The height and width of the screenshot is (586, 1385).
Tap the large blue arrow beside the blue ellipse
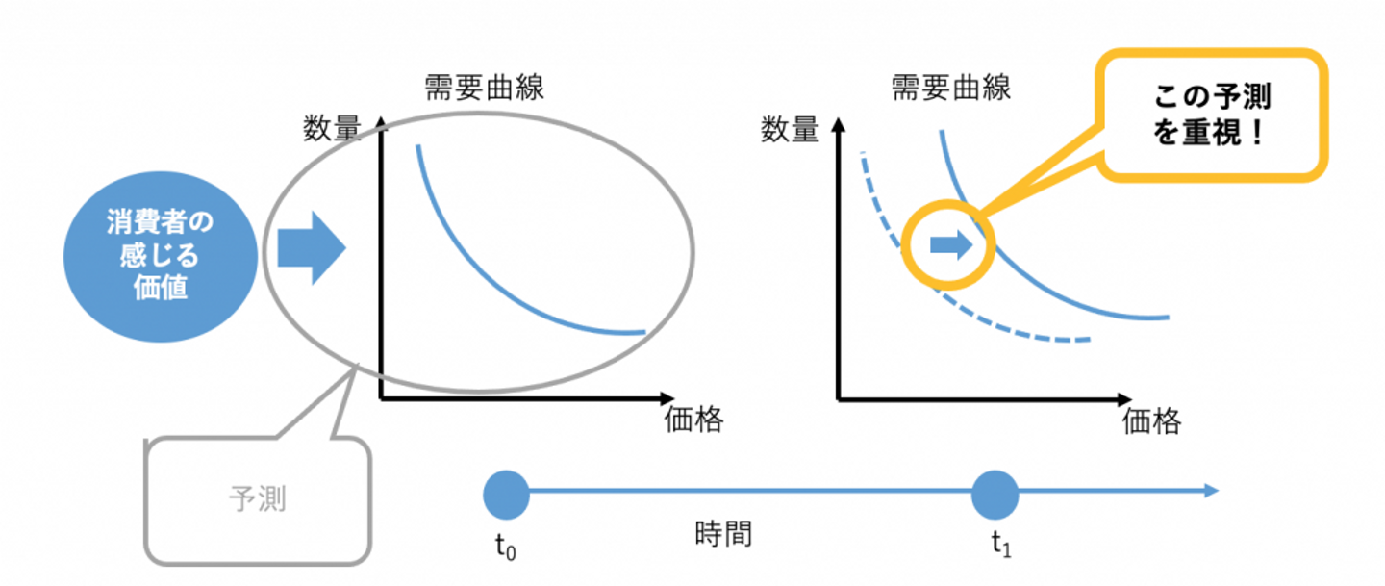[311, 249]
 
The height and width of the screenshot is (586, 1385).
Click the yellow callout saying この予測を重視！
[1214, 115]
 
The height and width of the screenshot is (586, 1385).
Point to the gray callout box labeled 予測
[258, 500]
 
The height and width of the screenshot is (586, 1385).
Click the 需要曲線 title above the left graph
[485, 89]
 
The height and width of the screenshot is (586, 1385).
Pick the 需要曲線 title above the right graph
[951, 89]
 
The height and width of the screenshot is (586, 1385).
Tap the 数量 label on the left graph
[331, 130]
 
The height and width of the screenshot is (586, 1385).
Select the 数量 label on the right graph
[790, 130]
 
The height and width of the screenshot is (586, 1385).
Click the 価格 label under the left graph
[693, 420]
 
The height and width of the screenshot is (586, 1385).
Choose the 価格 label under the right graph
[1151, 420]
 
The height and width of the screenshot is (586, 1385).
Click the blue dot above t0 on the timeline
[506, 493]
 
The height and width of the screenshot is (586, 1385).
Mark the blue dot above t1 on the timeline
[994, 493]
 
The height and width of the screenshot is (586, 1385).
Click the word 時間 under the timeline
[722, 534]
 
